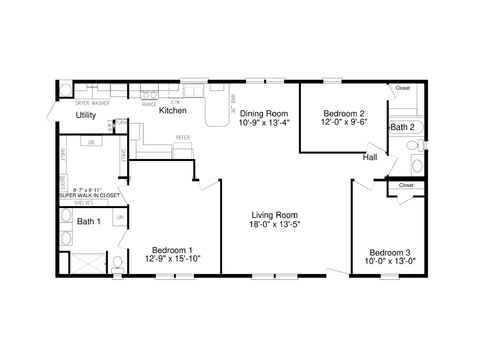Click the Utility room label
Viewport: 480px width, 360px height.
[85, 116]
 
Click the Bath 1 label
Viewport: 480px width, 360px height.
[89, 221]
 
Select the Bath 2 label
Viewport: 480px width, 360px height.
[402, 127]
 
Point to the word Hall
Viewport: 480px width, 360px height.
[369, 157]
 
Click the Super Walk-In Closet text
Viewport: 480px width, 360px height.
[89, 194]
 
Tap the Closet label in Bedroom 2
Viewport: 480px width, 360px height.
[402, 88]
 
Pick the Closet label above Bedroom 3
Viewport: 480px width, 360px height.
[405, 185]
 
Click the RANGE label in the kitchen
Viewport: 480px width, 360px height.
[149, 102]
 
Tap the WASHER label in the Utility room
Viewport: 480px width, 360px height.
[101, 102]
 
